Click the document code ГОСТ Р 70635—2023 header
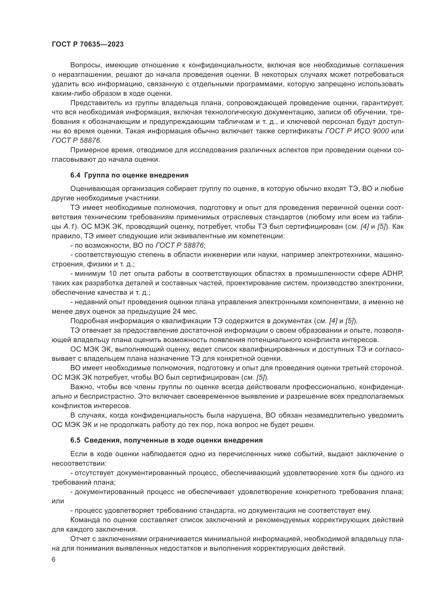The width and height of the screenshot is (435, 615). [88, 44]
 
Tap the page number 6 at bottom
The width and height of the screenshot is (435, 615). [54, 560]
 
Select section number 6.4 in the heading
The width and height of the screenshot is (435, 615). [75, 175]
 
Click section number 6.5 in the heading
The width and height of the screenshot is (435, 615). [75, 440]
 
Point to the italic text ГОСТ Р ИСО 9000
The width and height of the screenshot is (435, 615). [357, 131]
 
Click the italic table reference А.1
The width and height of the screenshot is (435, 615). [69, 226]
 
